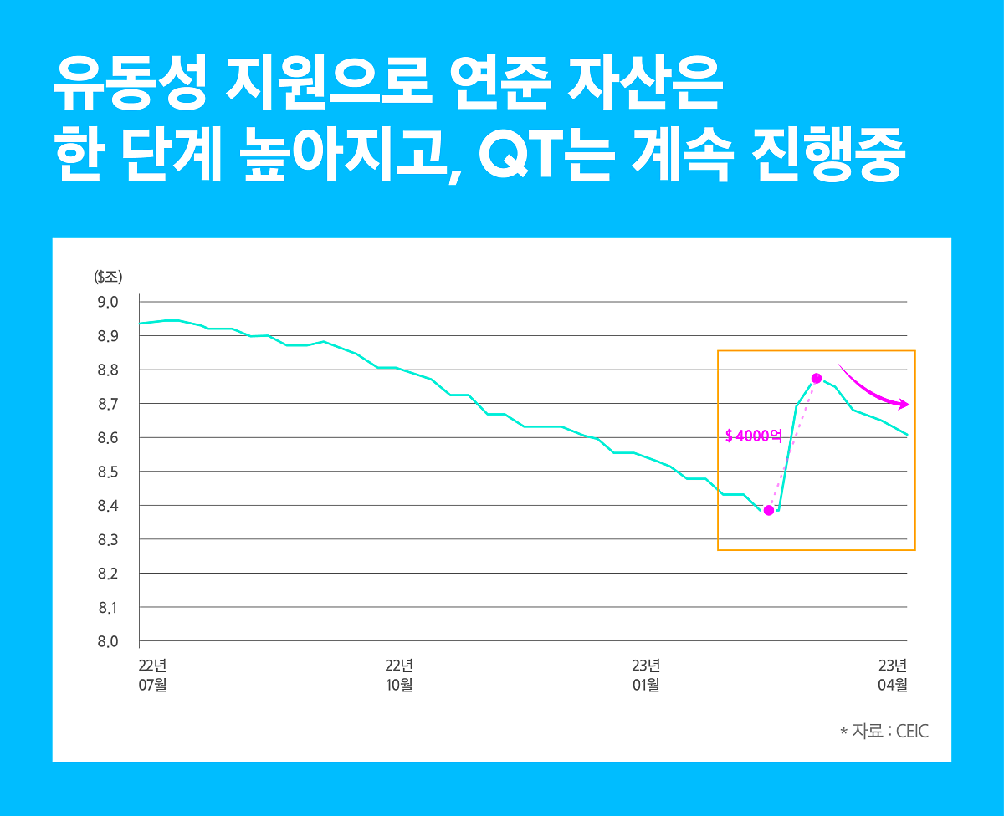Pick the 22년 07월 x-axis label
pos(153,675)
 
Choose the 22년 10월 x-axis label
pos(399,675)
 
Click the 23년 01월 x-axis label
pos(646,675)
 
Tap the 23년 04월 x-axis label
pos(893,675)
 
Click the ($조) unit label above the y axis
pos(108,277)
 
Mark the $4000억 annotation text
pos(753,436)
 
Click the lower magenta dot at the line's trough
pos(769,510)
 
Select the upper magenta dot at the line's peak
pos(817,378)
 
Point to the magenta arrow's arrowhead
pos(906,405)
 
